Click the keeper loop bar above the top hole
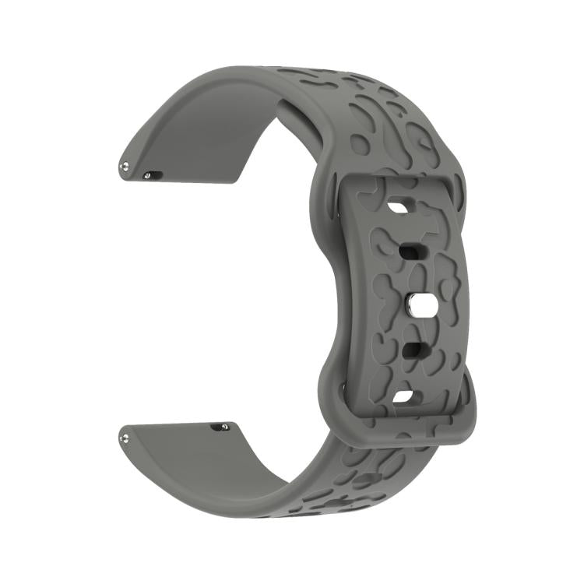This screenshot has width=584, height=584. [397, 185]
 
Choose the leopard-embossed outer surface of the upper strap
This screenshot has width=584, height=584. [366, 117]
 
